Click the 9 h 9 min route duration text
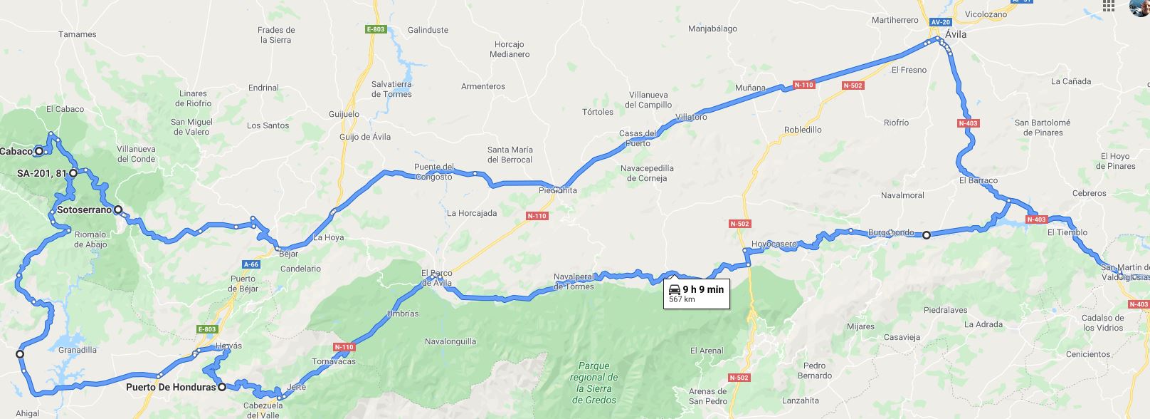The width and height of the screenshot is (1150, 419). pyautogui.click(x=703, y=289)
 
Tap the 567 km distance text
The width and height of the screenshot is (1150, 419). pyautogui.click(x=682, y=299)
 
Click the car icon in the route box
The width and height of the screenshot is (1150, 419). pyautogui.click(x=675, y=289)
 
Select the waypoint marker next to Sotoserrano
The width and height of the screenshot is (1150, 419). pyautogui.click(x=118, y=210)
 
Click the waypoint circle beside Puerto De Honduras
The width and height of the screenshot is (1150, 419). pyautogui.click(x=222, y=388)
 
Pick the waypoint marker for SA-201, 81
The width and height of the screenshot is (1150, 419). pyautogui.click(x=73, y=173)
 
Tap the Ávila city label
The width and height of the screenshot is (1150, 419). pyautogui.click(x=956, y=34)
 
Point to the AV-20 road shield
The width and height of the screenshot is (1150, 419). pyautogui.click(x=940, y=22)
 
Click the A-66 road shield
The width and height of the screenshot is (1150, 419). pyautogui.click(x=250, y=264)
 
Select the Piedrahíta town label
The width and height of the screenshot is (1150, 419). pyautogui.click(x=558, y=190)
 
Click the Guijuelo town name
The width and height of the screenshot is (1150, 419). pyautogui.click(x=344, y=114)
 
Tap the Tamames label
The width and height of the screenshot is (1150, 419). pyautogui.click(x=78, y=34)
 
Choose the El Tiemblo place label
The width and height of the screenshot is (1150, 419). pyautogui.click(x=1067, y=232)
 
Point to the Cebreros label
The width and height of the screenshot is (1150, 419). pyautogui.click(x=1090, y=193)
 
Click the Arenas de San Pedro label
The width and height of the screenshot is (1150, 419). pyautogui.click(x=708, y=396)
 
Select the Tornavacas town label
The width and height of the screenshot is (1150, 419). pyautogui.click(x=333, y=361)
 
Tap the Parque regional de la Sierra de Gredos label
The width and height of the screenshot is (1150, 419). pyautogui.click(x=594, y=383)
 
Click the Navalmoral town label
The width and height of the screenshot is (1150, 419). pyautogui.click(x=902, y=195)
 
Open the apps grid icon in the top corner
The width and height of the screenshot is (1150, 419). pyautogui.click(x=1108, y=6)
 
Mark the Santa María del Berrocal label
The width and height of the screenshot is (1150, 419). pyautogui.click(x=510, y=155)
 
